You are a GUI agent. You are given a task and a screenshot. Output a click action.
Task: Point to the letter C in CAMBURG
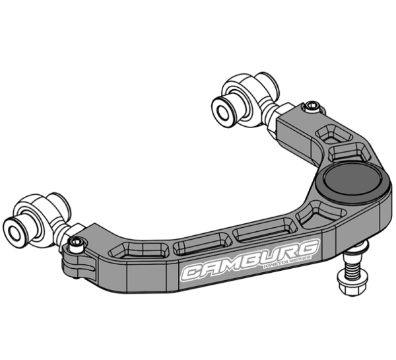point(193,271)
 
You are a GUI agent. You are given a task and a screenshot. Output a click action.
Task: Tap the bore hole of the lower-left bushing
point(15,228)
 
